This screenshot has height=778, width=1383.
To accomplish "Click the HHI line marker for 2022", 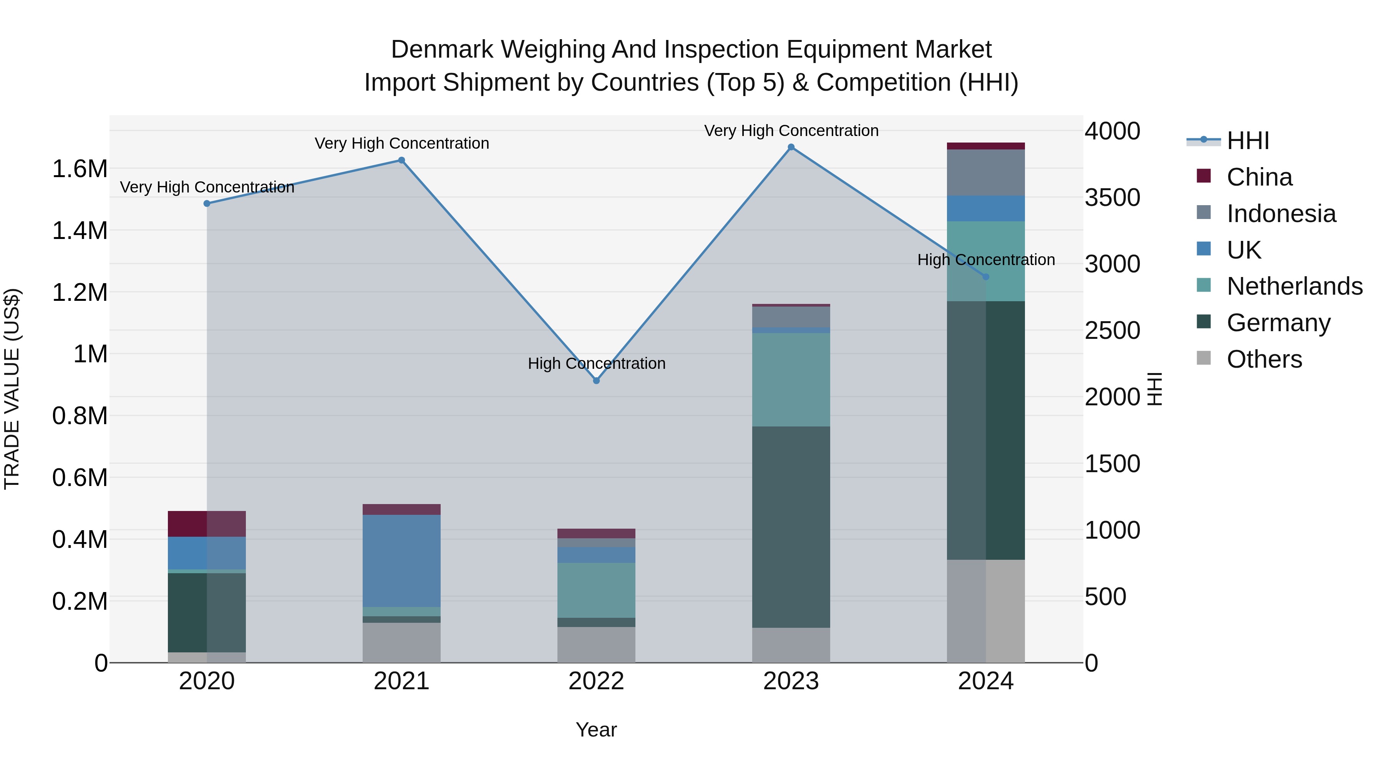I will [x=596, y=381].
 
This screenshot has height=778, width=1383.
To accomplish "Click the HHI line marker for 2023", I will [x=791, y=147].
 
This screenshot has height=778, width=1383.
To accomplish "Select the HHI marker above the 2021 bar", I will [x=401, y=160].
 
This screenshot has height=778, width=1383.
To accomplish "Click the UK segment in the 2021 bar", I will [x=401, y=561].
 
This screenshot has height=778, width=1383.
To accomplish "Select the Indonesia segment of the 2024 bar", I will [x=986, y=173].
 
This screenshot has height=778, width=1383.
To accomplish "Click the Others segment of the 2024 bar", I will [x=986, y=611].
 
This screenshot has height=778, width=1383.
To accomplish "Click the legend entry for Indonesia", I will [x=1280, y=214].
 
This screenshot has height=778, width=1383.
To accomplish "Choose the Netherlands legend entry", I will [x=1294, y=286].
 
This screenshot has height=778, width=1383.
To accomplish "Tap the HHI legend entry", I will [x=1247, y=141].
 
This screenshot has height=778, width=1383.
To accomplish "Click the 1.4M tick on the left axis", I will [x=80, y=231].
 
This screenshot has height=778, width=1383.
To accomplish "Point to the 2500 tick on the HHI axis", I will [x=1112, y=331].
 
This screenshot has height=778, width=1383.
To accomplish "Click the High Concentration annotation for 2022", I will [x=596, y=363].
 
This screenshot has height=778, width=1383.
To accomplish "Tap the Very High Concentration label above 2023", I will [x=791, y=131].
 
